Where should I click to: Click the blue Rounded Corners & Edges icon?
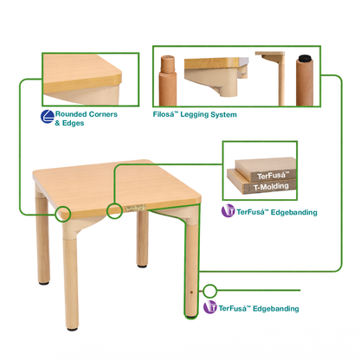tap(48, 117)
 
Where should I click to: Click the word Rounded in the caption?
tap(71, 114)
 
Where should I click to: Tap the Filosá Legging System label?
tap(195, 115)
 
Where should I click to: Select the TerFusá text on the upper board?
tap(272, 176)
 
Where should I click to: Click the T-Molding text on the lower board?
tap(271, 187)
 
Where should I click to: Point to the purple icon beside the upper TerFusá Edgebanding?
tap(228, 210)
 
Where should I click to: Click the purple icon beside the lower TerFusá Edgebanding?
tap(209, 307)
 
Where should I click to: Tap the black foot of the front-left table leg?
tap(72, 328)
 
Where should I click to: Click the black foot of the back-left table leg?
tap(44, 283)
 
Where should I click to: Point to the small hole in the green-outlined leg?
tap(191, 292)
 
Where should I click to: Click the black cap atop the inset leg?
tap(305, 59)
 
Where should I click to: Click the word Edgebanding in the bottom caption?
tap(276, 309)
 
